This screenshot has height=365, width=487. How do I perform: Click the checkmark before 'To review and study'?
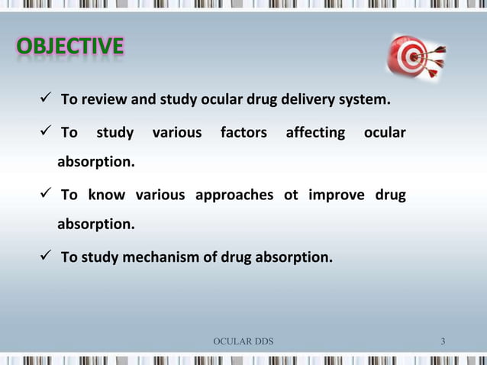click(x=47, y=100)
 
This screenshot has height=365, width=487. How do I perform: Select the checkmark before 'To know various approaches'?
click(x=47, y=194)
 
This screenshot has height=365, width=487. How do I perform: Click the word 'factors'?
click(x=243, y=133)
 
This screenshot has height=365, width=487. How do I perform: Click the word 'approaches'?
click(x=234, y=195)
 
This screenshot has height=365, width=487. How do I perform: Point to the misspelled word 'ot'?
click(x=291, y=195)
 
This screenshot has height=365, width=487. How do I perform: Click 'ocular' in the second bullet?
click(x=385, y=133)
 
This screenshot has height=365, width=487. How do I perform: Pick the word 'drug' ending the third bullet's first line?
click(x=390, y=195)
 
